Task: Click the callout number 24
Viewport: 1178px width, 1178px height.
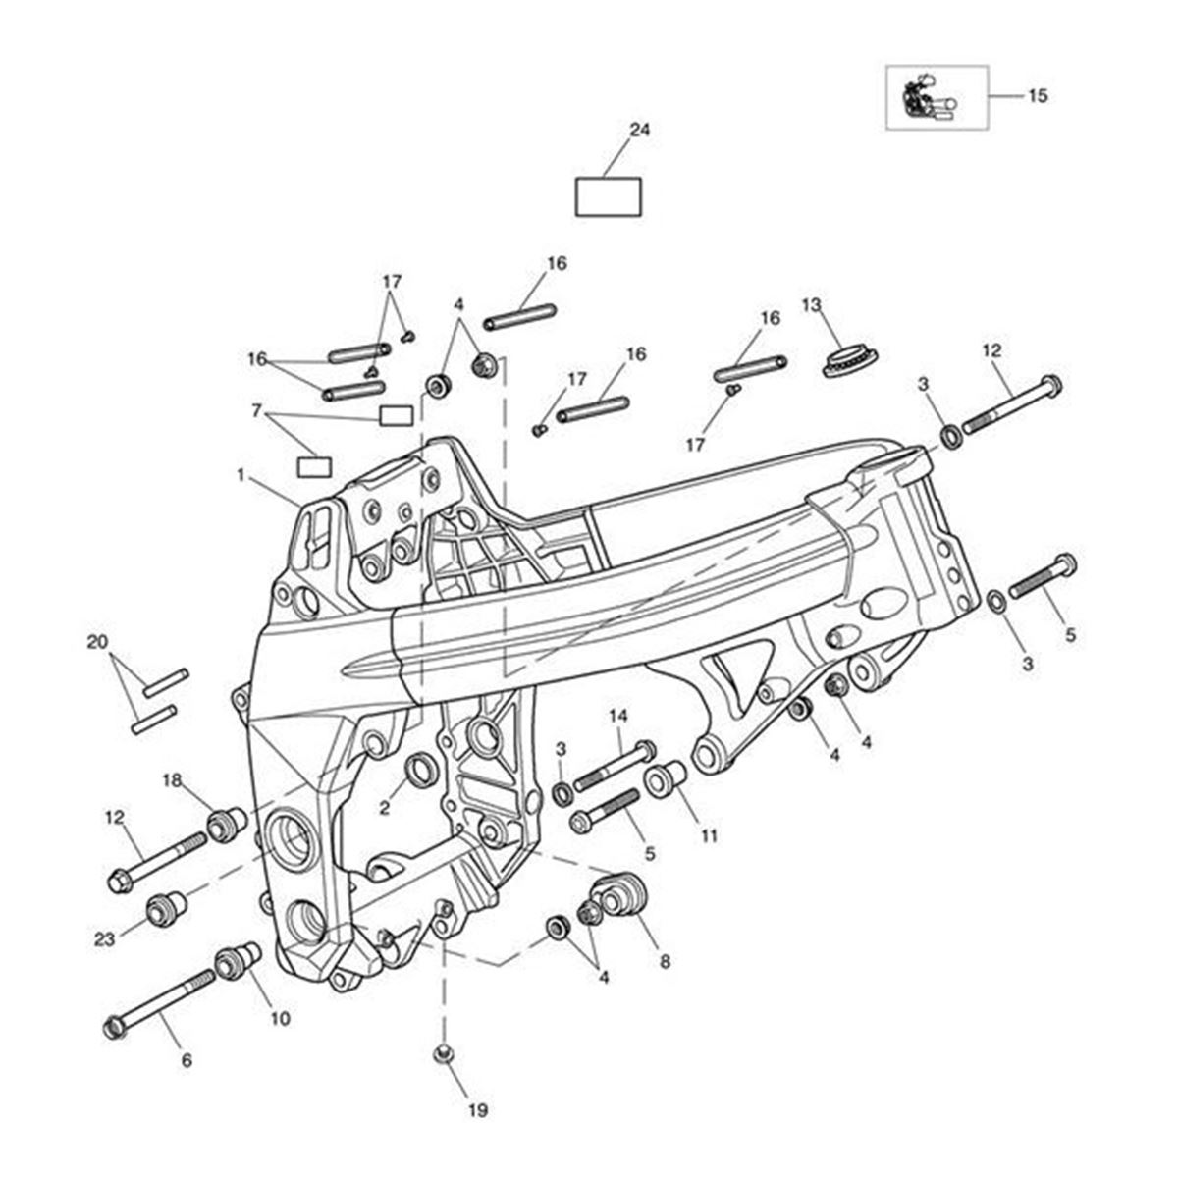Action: point(640,130)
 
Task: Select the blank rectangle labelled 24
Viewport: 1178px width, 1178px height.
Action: point(608,196)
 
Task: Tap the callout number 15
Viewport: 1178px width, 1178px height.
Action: point(1038,95)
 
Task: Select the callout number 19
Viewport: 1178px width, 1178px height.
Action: point(477,1111)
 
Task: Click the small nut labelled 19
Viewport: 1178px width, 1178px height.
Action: point(444,1054)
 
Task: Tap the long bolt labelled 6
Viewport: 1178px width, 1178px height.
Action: point(162,1001)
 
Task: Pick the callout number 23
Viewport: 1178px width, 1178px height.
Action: point(105,939)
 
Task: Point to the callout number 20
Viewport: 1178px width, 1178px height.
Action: point(97,643)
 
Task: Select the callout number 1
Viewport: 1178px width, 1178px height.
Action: point(240,474)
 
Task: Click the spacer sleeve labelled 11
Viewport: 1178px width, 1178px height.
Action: point(665,780)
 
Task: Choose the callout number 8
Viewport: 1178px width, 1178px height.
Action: point(665,962)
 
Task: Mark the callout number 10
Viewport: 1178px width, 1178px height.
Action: point(280,1019)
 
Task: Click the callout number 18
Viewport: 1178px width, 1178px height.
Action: point(173,780)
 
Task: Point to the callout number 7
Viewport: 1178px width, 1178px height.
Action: point(257,411)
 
